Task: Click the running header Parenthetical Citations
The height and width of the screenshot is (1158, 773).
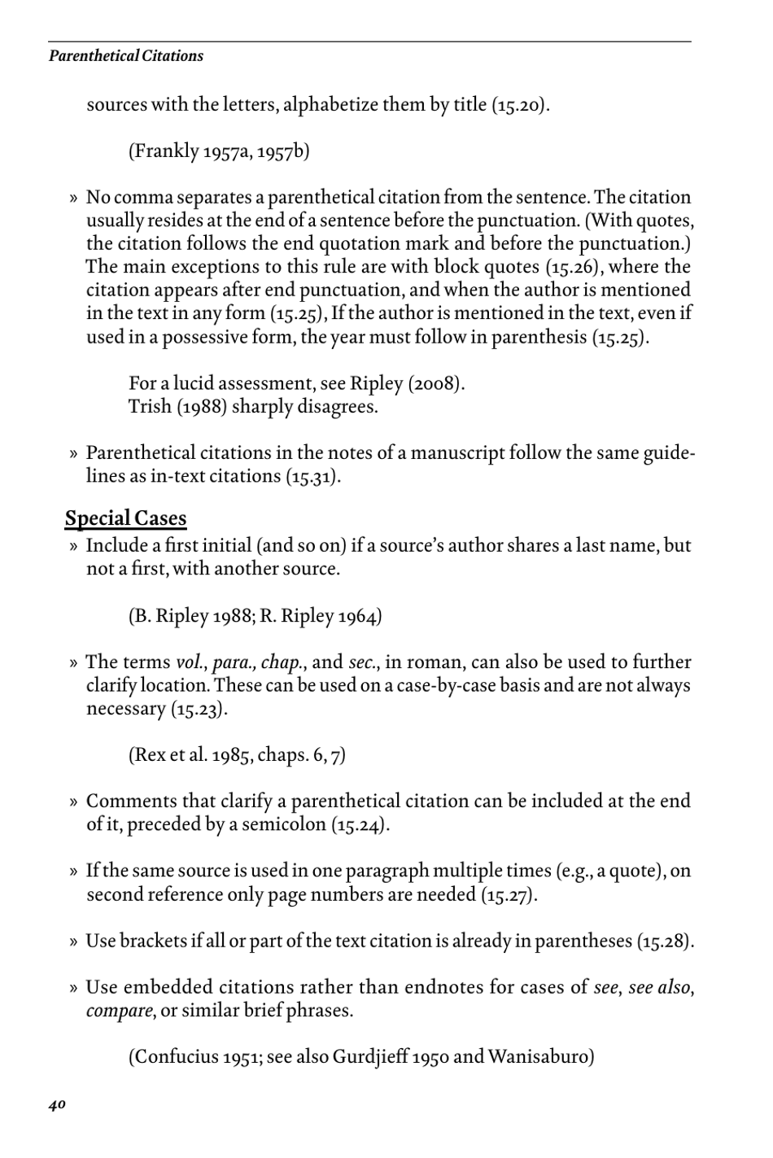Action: (126, 56)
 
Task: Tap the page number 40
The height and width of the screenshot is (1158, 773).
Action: (57, 1104)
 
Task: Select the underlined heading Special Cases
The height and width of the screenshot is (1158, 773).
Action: (125, 518)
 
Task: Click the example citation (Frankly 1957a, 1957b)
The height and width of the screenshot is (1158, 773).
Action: (219, 151)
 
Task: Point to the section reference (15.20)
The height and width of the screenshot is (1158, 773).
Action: (520, 105)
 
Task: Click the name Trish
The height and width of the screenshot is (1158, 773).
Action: (150, 406)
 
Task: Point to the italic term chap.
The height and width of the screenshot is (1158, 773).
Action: (282, 662)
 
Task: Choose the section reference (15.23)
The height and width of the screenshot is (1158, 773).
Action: (198, 709)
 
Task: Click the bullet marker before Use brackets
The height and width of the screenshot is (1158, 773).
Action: (73, 942)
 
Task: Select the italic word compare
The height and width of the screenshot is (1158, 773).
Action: (119, 1012)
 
